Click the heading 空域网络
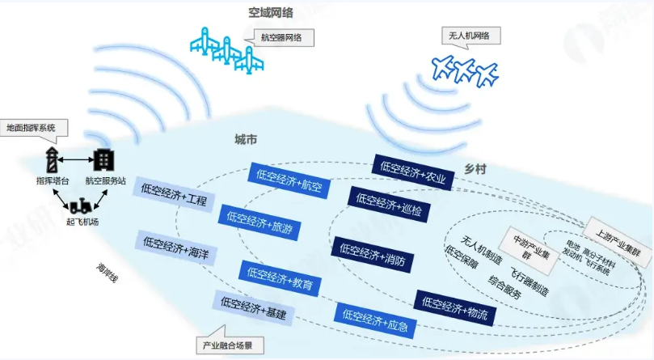(x=271, y=12)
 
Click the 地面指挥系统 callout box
(x=32, y=127)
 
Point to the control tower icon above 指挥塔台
(x=49, y=158)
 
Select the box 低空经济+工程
(x=174, y=194)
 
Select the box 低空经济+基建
(x=253, y=309)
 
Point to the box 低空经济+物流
(x=454, y=307)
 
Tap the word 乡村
(x=475, y=169)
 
